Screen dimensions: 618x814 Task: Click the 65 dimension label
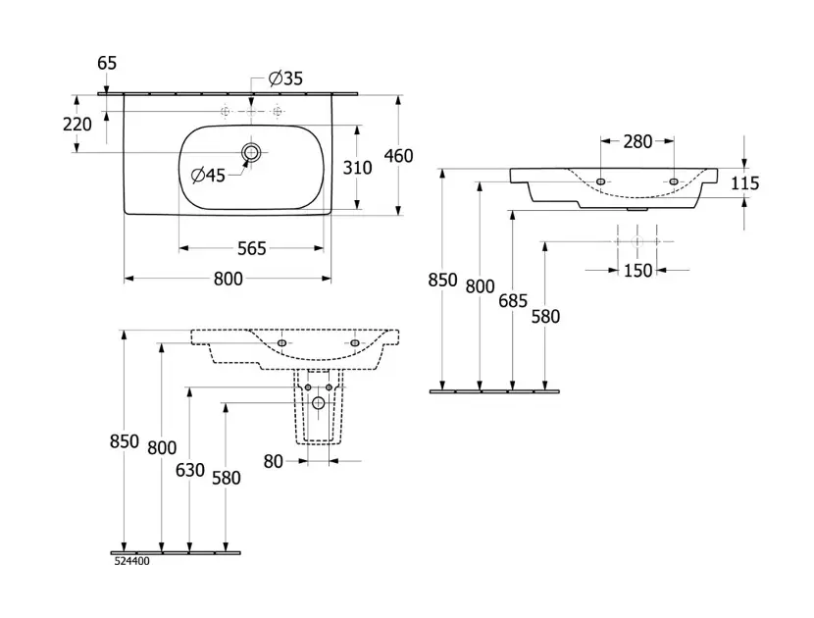(107, 63)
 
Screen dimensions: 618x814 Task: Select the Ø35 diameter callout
(286, 78)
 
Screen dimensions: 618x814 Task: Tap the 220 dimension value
(76, 125)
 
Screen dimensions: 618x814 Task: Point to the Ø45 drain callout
(208, 176)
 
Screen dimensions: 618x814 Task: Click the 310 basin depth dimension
(358, 168)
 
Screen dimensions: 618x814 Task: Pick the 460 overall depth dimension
(398, 156)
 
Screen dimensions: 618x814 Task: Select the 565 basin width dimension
(251, 248)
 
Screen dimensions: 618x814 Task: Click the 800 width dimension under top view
(228, 279)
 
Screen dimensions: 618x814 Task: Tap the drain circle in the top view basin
(252, 152)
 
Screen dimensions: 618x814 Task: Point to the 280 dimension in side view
(637, 141)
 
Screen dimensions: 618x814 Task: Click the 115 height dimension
(745, 183)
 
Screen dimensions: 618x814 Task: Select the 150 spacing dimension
(637, 271)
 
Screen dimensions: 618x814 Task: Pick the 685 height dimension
(513, 301)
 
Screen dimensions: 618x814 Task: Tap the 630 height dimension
(190, 470)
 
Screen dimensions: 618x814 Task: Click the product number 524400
(131, 561)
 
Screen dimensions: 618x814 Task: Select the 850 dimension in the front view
(125, 441)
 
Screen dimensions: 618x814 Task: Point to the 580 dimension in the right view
(545, 316)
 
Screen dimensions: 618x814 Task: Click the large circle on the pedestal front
(319, 403)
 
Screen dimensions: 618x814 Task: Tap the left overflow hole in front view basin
(282, 342)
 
